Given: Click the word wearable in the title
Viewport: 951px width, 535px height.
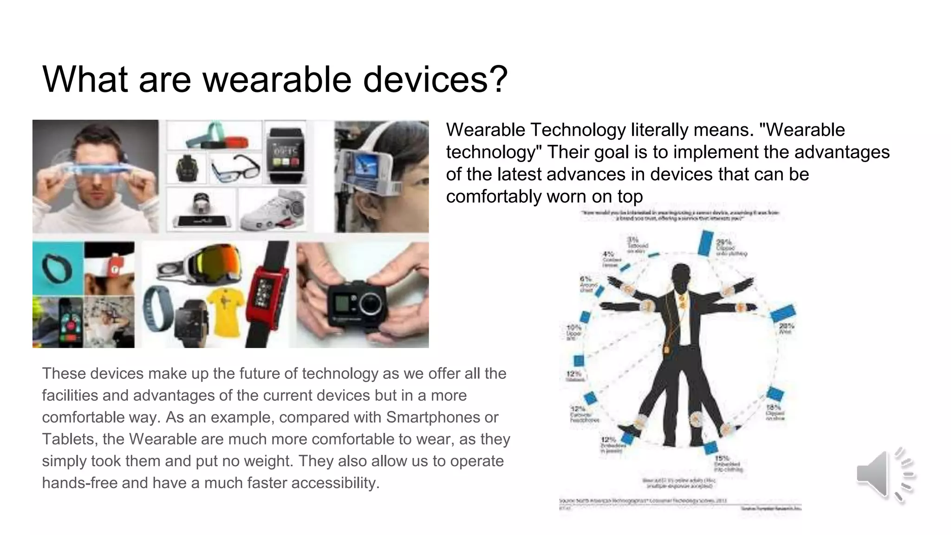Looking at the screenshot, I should [277, 79].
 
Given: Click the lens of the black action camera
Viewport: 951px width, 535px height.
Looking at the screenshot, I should [370, 307].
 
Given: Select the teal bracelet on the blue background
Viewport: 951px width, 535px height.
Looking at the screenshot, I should [57, 268].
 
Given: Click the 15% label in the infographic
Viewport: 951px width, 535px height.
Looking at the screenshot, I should [722, 457].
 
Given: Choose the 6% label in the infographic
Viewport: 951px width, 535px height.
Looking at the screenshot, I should [585, 279].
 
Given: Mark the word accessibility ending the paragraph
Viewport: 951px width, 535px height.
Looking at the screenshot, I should [333, 483].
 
